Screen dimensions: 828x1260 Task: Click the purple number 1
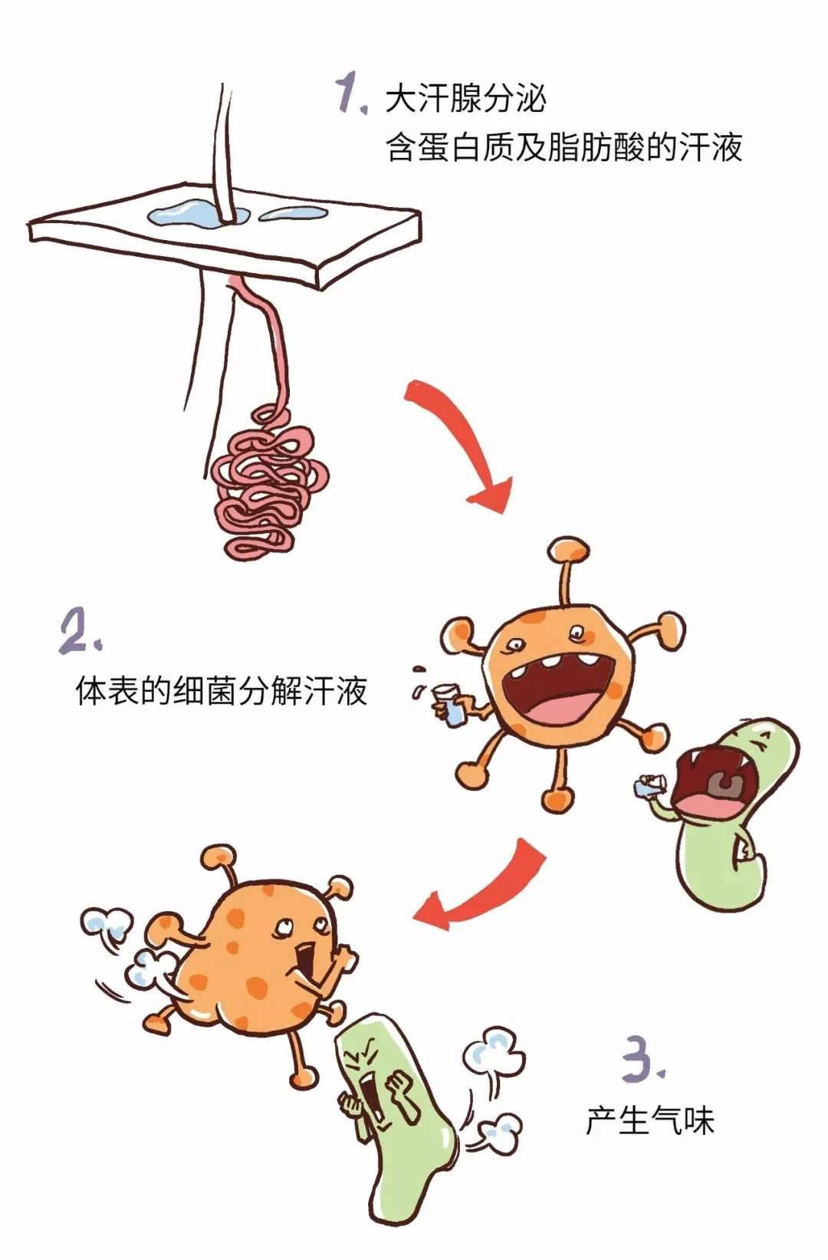(352, 94)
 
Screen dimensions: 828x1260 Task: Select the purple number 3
(643, 1058)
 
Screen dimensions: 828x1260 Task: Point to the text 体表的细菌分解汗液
(221, 691)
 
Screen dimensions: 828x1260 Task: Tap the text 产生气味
(650, 1120)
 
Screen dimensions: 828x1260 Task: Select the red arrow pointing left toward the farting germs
(478, 887)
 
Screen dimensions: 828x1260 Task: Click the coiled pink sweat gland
(269, 484)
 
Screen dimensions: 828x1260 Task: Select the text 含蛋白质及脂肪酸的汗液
(564, 147)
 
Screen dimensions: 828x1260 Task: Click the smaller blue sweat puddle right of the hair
(293, 214)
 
